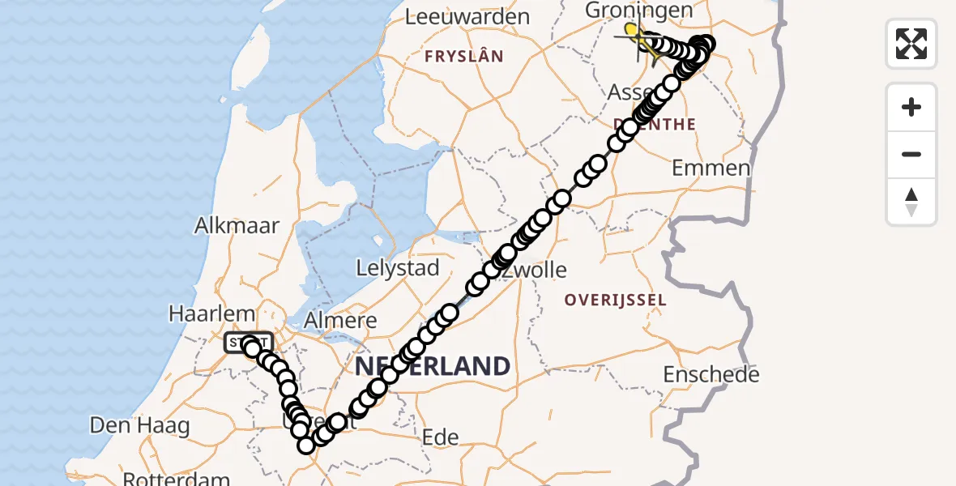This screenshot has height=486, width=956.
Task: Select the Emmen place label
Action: tap(711, 168)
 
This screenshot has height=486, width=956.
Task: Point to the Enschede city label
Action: tap(711, 375)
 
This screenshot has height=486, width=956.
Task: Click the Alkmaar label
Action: tap(237, 225)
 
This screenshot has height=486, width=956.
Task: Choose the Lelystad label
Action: tap(399, 268)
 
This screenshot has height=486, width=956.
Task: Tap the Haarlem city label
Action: tap(211, 313)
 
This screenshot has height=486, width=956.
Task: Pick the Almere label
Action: tap(341, 320)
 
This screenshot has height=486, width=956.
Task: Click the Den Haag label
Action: tap(139, 425)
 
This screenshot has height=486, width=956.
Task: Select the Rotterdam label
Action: tap(177, 479)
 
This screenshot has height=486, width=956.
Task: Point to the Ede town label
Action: tap(441, 437)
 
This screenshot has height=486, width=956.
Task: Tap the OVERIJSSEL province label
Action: tap(615, 300)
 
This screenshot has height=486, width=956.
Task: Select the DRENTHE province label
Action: tap(655, 125)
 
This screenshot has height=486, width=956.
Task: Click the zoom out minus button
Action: tap(911, 155)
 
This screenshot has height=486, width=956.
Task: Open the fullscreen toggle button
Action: tap(911, 44)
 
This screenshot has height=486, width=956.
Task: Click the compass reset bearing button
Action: tap(911, 202)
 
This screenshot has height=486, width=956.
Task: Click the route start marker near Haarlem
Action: tap(248, 343)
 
